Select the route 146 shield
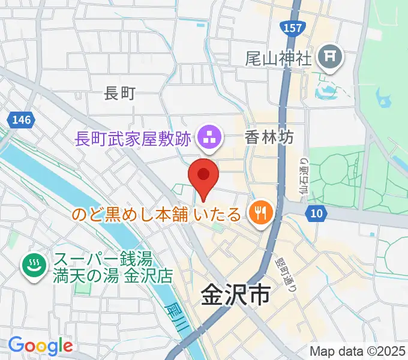21,120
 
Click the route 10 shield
319,212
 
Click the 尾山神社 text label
279,59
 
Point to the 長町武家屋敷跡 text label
133,139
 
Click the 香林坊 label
269,137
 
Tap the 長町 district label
120,92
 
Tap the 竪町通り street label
286,274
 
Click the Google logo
40,345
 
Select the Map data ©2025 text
358,351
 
